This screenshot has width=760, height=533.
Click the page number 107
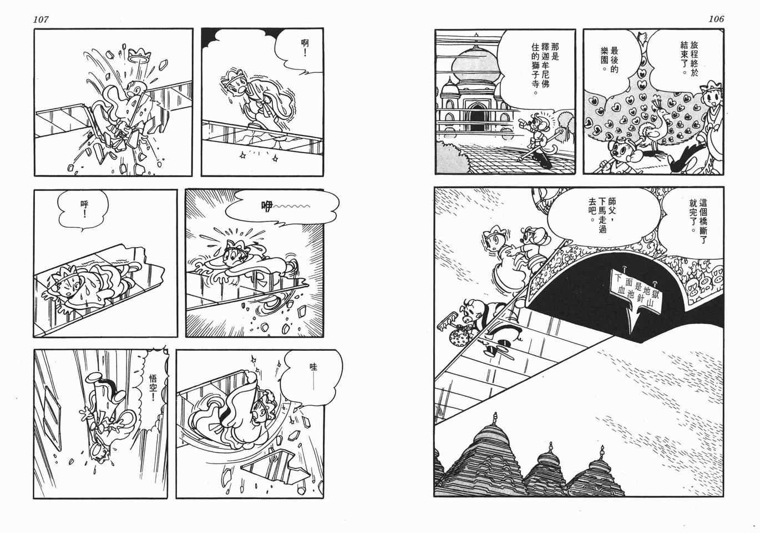pos(40,19)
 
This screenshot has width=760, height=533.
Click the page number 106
pos(716,19)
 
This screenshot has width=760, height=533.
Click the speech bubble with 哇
pos(312,379)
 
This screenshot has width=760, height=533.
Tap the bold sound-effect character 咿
pos(267,207)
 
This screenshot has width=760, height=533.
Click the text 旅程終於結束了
pos(689,58)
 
